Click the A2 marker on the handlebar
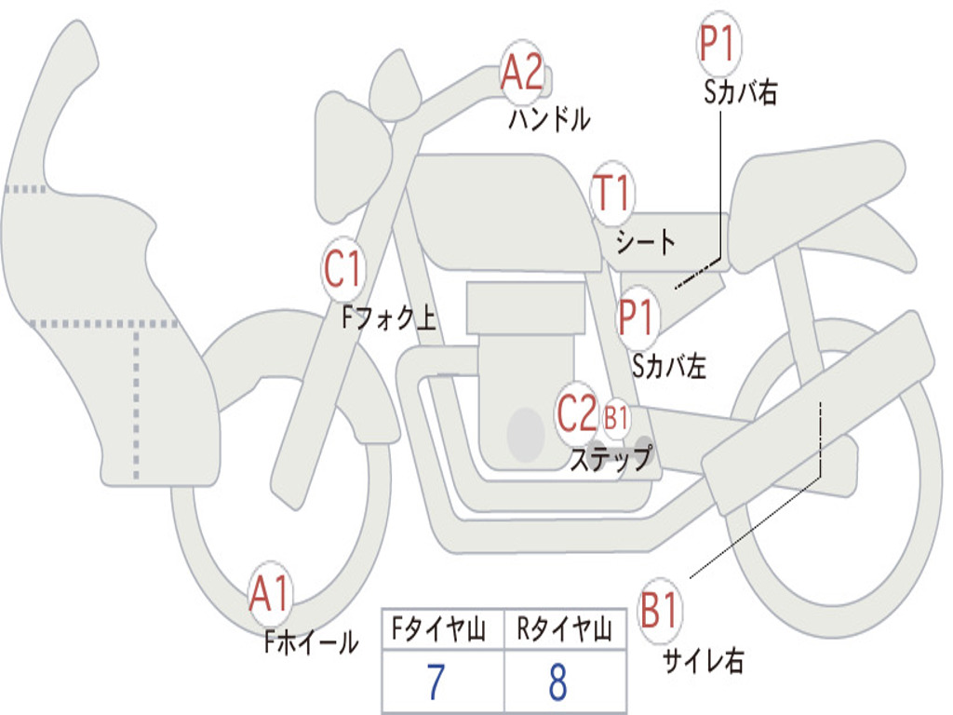point(522,71)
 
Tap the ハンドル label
point(549,118)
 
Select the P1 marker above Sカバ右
point(719,43)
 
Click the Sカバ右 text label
point(740,92)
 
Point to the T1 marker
point(612,192)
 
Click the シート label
point(646,242)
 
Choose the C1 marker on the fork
point(342,268)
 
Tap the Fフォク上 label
point(389,317)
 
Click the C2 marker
point(577,412)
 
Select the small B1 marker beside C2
point(616,418)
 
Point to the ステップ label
point(611,458)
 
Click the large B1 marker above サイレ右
point(660,610)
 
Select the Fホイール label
point(311,642)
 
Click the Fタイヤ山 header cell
point(443,628)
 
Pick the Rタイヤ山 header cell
point(565,628)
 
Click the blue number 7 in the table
point(436,681)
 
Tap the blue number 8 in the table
point(558,681)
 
